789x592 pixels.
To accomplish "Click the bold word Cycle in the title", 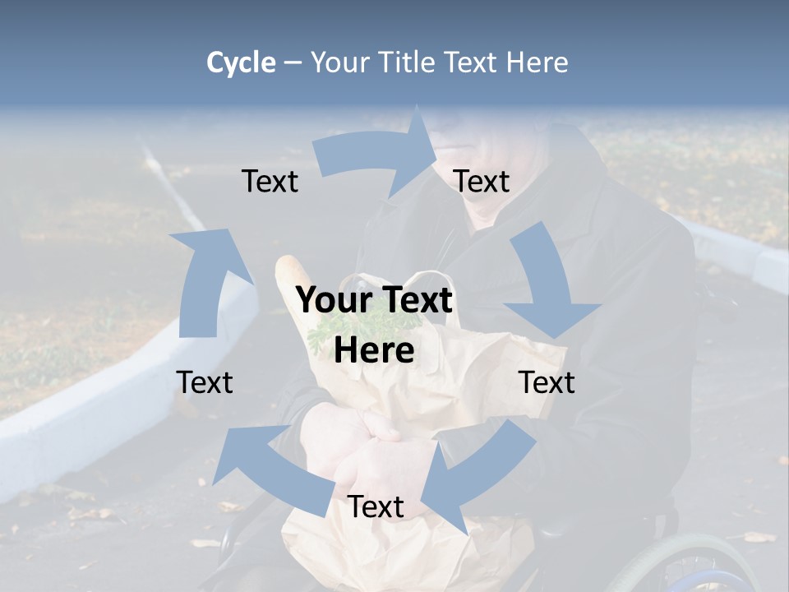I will click(241, 62).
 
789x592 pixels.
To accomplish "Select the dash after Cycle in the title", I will click(293, 62).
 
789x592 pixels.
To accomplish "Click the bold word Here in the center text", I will click(374, 350).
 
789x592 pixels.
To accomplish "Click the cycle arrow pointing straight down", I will click(549, 284).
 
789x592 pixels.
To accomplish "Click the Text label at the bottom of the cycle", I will click(376, 507).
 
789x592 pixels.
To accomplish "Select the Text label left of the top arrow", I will click(270, 182).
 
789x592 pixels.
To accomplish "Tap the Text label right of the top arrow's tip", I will click(482, 182).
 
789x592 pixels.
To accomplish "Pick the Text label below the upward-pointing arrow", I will click(205, 382).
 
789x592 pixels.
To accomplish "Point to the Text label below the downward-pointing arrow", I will click(547, 382).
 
